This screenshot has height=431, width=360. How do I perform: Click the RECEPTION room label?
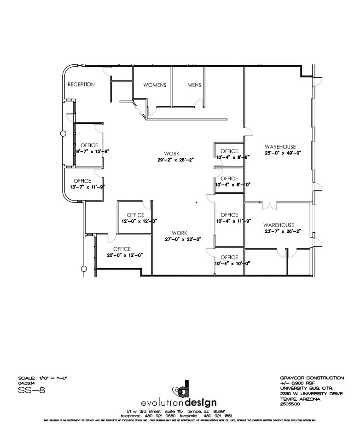[x=81, y=85]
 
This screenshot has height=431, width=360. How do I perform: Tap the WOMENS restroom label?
[x=154, y=85]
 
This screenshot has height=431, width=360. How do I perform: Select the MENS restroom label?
[x=194, y=85]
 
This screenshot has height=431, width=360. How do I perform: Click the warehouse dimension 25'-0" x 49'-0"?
[x=282, y=153]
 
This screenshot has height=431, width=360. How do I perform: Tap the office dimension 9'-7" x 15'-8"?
[x=92, y=151]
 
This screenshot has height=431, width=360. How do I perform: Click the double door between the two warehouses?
[x=269, y=205]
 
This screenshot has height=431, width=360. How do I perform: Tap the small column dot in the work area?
[x=196, y=202]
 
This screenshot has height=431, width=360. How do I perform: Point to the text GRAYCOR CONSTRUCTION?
[x=312, y=378]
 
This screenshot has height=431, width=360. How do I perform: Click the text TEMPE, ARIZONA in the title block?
[x=299, y=399]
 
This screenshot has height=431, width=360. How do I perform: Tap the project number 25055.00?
[x=290, y=403]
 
